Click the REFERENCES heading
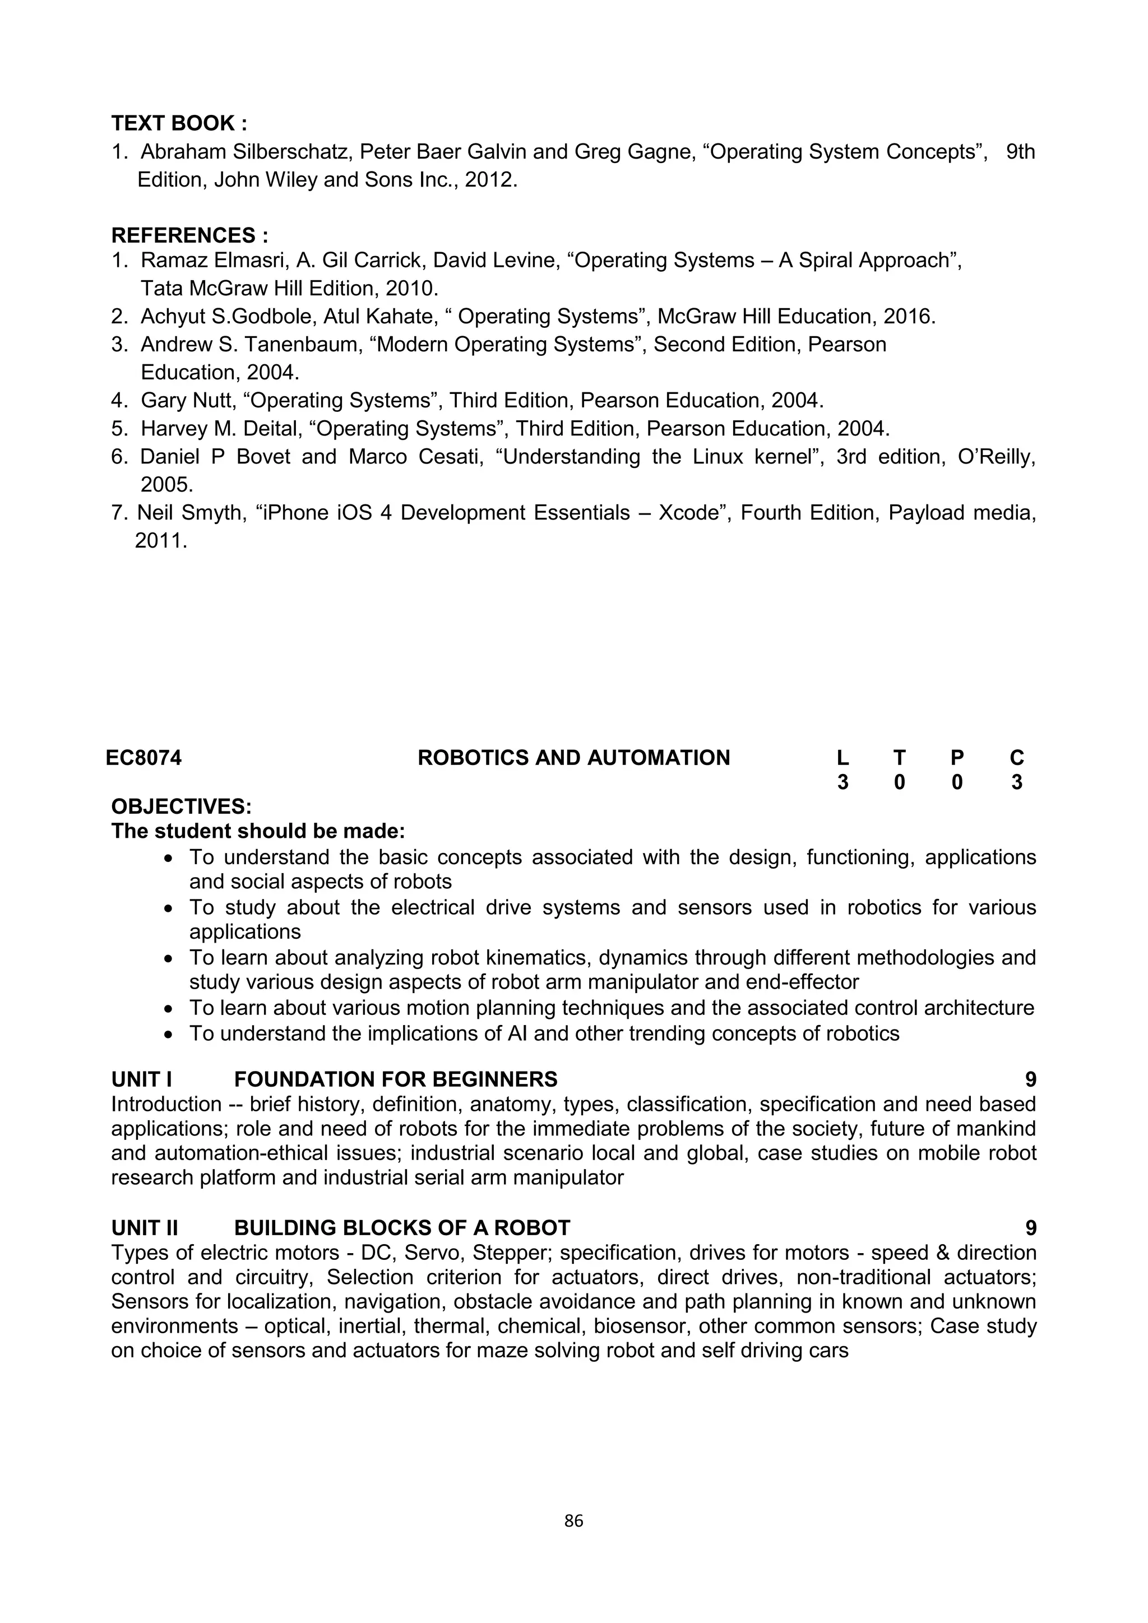tap(189, 235)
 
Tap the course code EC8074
tap(143, 758)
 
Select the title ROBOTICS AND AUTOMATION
tap(573, 758)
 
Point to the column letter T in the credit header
tap(899, 758)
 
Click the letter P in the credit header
tap(956, 758)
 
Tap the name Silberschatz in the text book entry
tap(293, 152)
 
